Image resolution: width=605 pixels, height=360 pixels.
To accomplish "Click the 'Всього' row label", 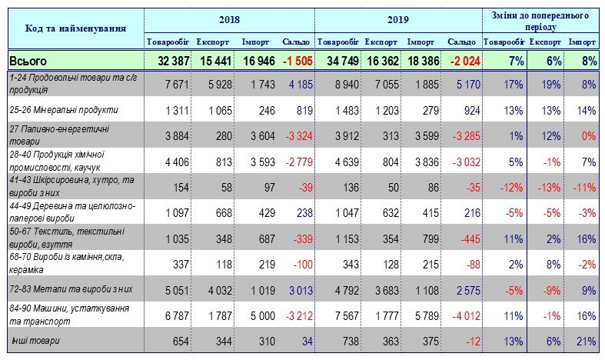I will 29,60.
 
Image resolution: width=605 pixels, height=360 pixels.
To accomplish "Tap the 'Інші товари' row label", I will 33,340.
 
